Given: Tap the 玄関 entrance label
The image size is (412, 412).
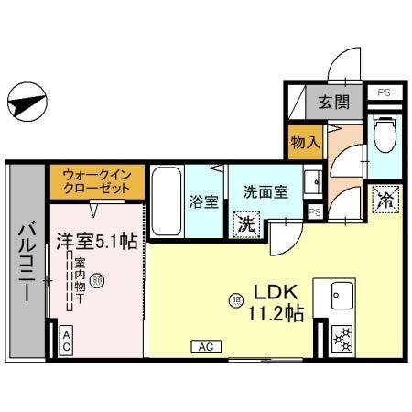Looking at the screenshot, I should [333, 102].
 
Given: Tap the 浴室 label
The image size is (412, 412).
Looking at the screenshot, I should [203, 201].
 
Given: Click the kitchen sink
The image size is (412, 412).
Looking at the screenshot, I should [341, 295].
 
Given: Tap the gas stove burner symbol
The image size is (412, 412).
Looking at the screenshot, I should [341, 338].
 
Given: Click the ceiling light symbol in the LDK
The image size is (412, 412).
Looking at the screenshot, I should [236, 299].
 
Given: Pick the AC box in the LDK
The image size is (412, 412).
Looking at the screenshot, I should [206, 346].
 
